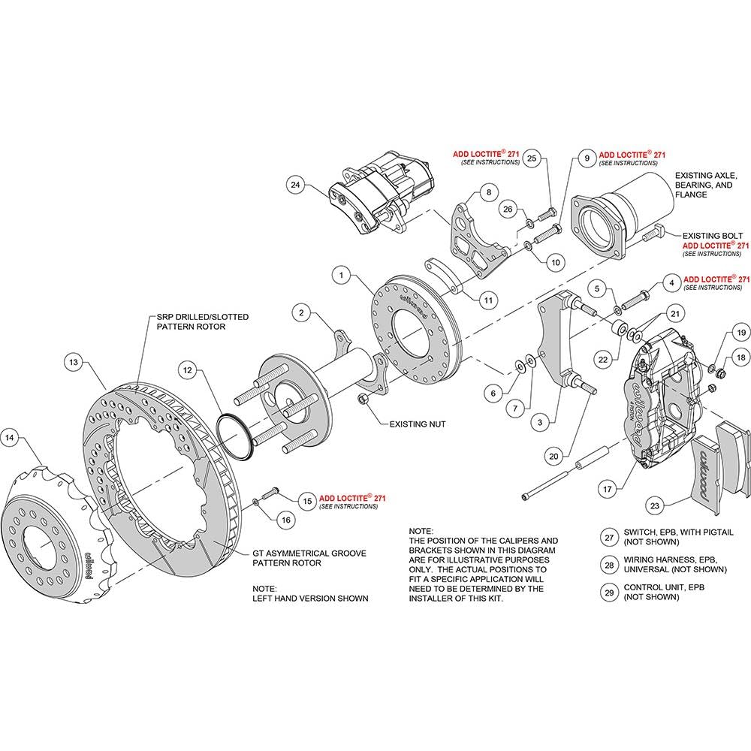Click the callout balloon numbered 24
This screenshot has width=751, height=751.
click(x=295, y=185)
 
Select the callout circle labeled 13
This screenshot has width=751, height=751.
click(x=74, y=362)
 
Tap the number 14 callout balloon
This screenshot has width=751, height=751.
click(x=10, y=438)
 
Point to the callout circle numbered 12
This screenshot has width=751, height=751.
click(x=187, y=369)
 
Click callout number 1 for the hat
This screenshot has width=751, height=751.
click(x=342, y=276)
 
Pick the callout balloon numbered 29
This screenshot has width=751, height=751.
click(x=609, y=593)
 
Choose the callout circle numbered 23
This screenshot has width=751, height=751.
click(x=655, y=505)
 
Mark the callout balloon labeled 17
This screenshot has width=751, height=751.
click(x=608, y=489)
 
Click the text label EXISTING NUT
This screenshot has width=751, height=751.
click(x=417, y=424)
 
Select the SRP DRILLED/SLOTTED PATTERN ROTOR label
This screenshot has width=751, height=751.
click(x=203, y=322)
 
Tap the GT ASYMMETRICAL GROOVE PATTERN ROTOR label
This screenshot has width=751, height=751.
click(x=309, y=558)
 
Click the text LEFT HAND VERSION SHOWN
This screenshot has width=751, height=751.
click(x=310, y=599)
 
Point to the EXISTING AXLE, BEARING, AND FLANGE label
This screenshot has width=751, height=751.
click(x=706, y=185)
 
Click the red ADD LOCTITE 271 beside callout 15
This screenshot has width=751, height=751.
click(x=352, y=498)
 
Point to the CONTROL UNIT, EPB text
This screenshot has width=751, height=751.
click(x=664, y=587)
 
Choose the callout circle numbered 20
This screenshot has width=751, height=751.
click(x=553, y=457)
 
